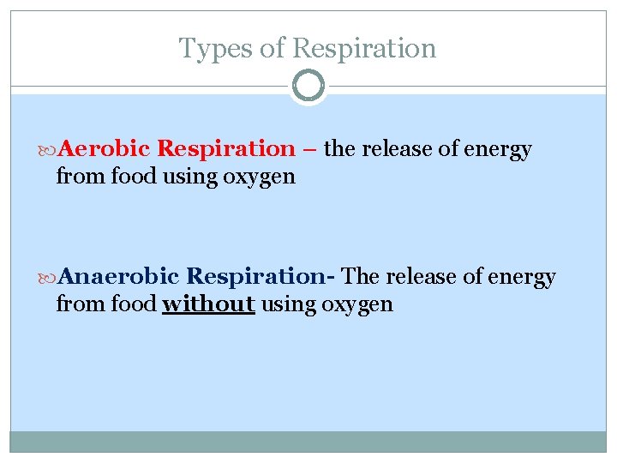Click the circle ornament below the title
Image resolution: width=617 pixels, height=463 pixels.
pyautogui.click(x=308, y=87)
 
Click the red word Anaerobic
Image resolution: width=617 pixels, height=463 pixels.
pyautogui.click(x=120, y=277)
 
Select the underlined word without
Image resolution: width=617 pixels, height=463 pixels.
pyautogui.click(x=208, y=304)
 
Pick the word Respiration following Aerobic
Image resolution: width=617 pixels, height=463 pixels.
pyautogui.click(x=226, y=149)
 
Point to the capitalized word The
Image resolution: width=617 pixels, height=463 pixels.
pyautogui.click(x=360, y=277)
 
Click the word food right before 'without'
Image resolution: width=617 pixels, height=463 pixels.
pyautogui.click(x=136, y=304)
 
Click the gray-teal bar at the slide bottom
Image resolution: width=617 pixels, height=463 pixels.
pyautogui.click(x=308, y=441)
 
